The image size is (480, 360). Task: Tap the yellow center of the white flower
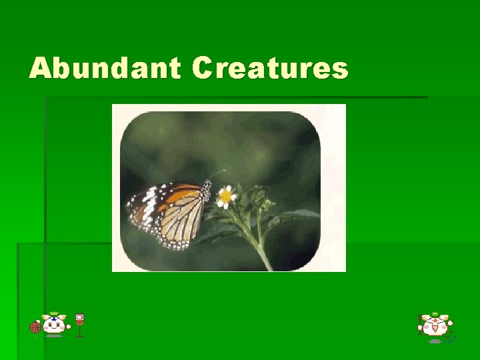coord(226,196)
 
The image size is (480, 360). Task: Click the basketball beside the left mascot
coord(35,327)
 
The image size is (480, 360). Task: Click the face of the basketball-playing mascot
coord(55,326)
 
